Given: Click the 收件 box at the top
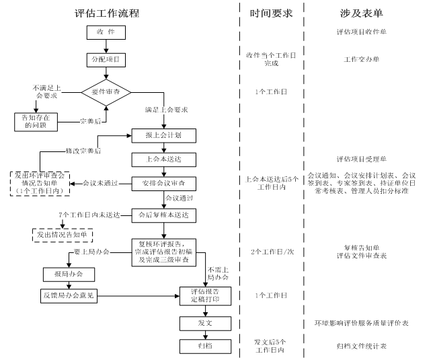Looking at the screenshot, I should [106, 32].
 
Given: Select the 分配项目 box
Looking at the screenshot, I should [106, 60].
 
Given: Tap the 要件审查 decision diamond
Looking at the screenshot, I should [106, 90].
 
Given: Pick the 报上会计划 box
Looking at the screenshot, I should [164, 135].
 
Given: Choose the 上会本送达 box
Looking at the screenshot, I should [164, 159].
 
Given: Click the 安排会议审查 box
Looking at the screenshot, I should [164, 183].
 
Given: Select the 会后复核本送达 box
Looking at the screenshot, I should [164, 215].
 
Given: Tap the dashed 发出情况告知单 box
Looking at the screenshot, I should [63, 236].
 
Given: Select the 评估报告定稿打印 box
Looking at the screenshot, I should [205, 295].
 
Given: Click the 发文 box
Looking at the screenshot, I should [205, 323].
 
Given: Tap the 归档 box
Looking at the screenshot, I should [205, 346].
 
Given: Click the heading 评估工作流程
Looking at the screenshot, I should [106, 13].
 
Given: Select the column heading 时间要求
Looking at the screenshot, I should [271, 13].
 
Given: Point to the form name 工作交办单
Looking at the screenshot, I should [362, 59].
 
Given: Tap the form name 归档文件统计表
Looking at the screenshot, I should [361, 346].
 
